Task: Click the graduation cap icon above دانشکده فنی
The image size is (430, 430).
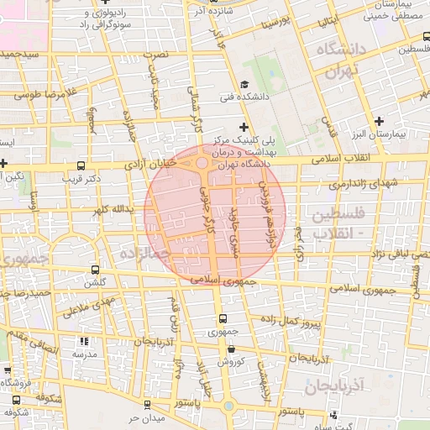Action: (244, 84)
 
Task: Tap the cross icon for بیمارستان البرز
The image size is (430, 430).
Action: (380, 121)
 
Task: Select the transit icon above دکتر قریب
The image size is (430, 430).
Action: (80, 165)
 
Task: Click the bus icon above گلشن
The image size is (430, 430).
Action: (94, 270)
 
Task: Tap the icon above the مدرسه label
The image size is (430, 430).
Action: (83, 341)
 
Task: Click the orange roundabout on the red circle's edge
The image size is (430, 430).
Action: (202, 163)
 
